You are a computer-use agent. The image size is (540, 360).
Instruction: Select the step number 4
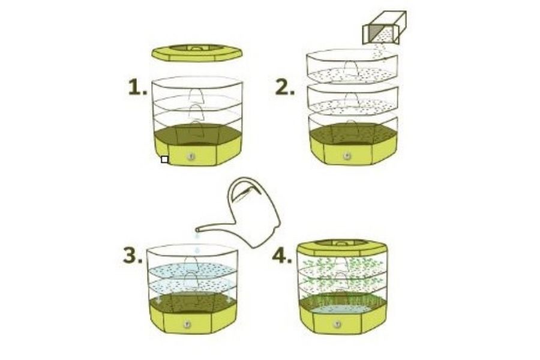[282, 256]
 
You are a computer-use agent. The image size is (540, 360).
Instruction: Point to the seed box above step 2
[385, 28]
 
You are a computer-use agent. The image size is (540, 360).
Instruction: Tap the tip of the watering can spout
[197, 229]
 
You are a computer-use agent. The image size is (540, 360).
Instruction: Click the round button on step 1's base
[191, 157]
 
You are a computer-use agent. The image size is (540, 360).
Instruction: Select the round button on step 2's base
[347, 156]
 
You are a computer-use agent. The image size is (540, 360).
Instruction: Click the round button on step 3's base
[187, 324]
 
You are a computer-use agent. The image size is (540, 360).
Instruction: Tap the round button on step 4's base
[337, 324]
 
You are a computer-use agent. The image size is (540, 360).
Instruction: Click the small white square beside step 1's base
[164, 160]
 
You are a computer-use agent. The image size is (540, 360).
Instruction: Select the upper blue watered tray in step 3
[192, 271]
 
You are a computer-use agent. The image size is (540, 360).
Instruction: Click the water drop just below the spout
[197, 236]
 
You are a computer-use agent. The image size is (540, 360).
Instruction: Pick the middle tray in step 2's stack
[352, 99]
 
